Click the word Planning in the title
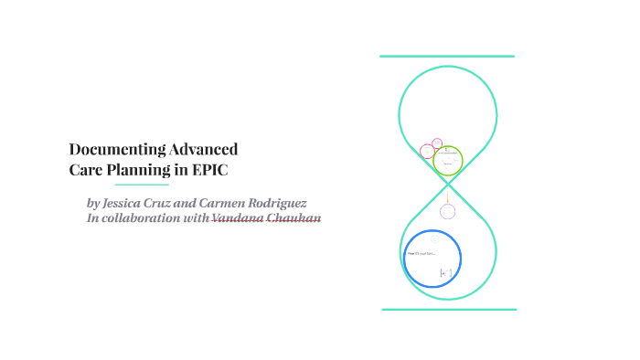pyautogui.click(x=150, y=169)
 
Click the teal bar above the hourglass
pyautogui.click(x=447, y=57)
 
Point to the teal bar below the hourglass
pyautogui.click(x=449, y=310)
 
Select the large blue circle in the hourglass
pyautogui.click(x=432, y=256)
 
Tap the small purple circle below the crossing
pyautogui.click(x=447, y=212)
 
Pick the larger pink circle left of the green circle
pyautogui.click(x=427, y=152)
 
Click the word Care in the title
pyautogui.click(x=89, y=169)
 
